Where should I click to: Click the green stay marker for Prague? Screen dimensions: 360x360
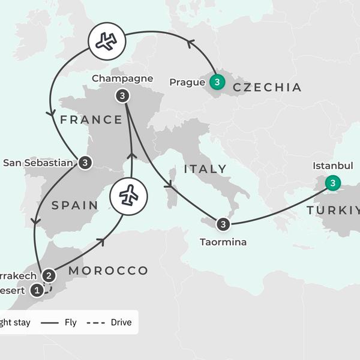pos(217,80)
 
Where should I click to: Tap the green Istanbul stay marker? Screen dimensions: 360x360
pos(332,182)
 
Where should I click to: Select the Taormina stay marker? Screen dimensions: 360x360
pos(223,224)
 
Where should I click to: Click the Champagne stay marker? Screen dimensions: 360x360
pos(122,95)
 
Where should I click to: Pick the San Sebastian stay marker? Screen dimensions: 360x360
pos(85,162)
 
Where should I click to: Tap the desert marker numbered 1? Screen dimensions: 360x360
pos(37,290)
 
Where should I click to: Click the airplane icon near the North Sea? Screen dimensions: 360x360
pos(106,41)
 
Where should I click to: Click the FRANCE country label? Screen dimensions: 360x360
pos(91,119)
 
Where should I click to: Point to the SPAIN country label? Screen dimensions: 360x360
pos(75,205)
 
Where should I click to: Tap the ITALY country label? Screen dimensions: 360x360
pos(206,169)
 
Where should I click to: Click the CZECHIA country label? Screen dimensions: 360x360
pos(267,88)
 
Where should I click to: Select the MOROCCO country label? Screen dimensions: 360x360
pos(108,271)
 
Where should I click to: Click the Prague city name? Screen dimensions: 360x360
pos(187,82)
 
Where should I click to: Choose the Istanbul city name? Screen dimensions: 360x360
pos(333,165)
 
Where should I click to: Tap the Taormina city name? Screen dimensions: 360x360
pos(223,242)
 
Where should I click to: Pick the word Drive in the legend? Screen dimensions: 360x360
pos(121,323)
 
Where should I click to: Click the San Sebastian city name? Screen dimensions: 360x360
pos(39,162)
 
